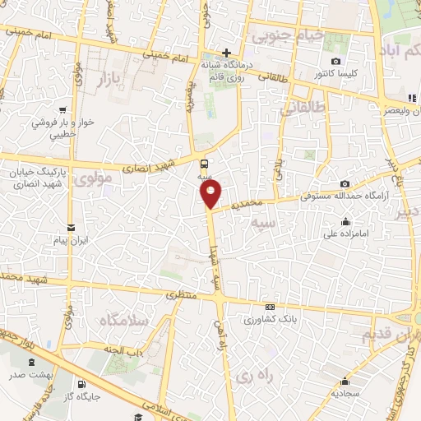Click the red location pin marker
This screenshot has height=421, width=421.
click(x=211, y=194)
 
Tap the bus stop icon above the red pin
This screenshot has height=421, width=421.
click(x=204, y=163)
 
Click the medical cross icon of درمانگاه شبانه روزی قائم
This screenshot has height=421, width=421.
click(x=226, y=53)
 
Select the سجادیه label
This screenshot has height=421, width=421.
click(x=346, y=393)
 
